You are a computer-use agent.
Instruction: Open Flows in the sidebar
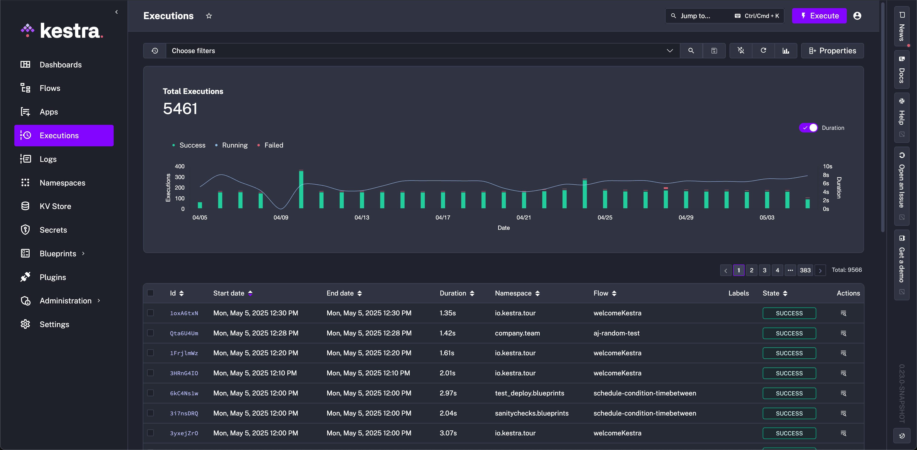(x=50, y=88)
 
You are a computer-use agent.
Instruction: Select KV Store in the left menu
(x=55, y=206)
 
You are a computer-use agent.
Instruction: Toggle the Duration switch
(x=808, y=127)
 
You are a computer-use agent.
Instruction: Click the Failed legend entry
(x=273, y=145)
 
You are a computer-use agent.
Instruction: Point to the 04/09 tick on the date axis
(x=281, y=217)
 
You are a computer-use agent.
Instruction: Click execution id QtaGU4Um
(x=184, y=333)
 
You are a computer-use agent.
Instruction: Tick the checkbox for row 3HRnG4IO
(x=151, y=373)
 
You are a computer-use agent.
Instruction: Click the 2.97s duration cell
(x=448, y=393)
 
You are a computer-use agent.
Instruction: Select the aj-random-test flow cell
(x=616, y=333)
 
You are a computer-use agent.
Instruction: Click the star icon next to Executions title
(x=209, y=16)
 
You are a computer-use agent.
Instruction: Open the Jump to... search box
(x=695, y=16)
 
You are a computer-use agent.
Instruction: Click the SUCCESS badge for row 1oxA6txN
(x=789, y=313)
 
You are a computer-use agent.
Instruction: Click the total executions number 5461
(x=180, y=109)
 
